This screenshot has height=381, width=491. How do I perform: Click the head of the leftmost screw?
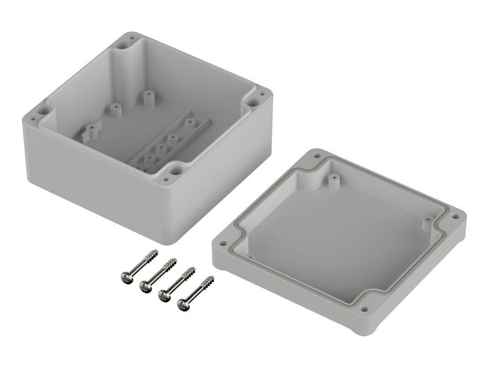tap(126, 276)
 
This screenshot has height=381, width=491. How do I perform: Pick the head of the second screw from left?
tap(144, 286)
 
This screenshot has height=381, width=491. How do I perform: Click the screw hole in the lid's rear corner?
tap(316, 156)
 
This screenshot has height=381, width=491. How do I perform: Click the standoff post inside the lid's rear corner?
tap(333, 178)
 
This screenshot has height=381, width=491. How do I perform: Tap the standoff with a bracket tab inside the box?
tap(89, 132)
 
